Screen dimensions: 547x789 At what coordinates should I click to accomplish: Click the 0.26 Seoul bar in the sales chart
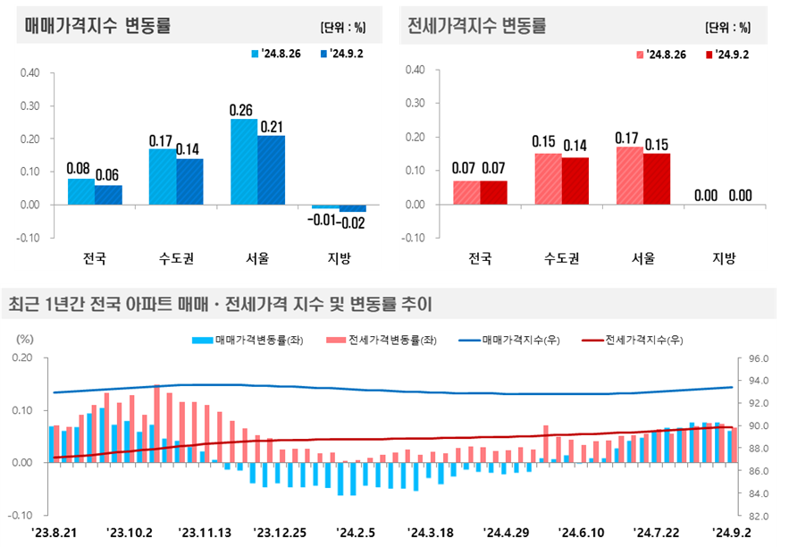tap(244, 162)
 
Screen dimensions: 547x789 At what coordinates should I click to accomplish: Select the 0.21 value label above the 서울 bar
tap(272, 127)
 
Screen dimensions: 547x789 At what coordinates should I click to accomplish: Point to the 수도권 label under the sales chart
tap(175, 259)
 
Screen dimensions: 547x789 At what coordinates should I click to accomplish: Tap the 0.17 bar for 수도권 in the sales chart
tap(162, 177)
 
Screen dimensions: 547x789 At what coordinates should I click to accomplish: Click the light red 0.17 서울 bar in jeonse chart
tap(629, 176)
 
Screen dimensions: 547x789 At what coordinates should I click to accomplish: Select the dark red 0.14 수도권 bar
tap(575, 181)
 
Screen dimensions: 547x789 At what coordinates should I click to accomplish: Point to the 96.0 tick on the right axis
tap(754, 358)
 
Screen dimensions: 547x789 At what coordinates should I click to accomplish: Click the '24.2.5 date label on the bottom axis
tap(355, 533)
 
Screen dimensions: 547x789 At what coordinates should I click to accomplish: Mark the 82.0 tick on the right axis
tap(754, 517)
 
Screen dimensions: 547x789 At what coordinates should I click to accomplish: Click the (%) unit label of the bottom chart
tap(25, 339)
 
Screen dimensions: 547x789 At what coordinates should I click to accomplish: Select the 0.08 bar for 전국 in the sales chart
tap(81, 192)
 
